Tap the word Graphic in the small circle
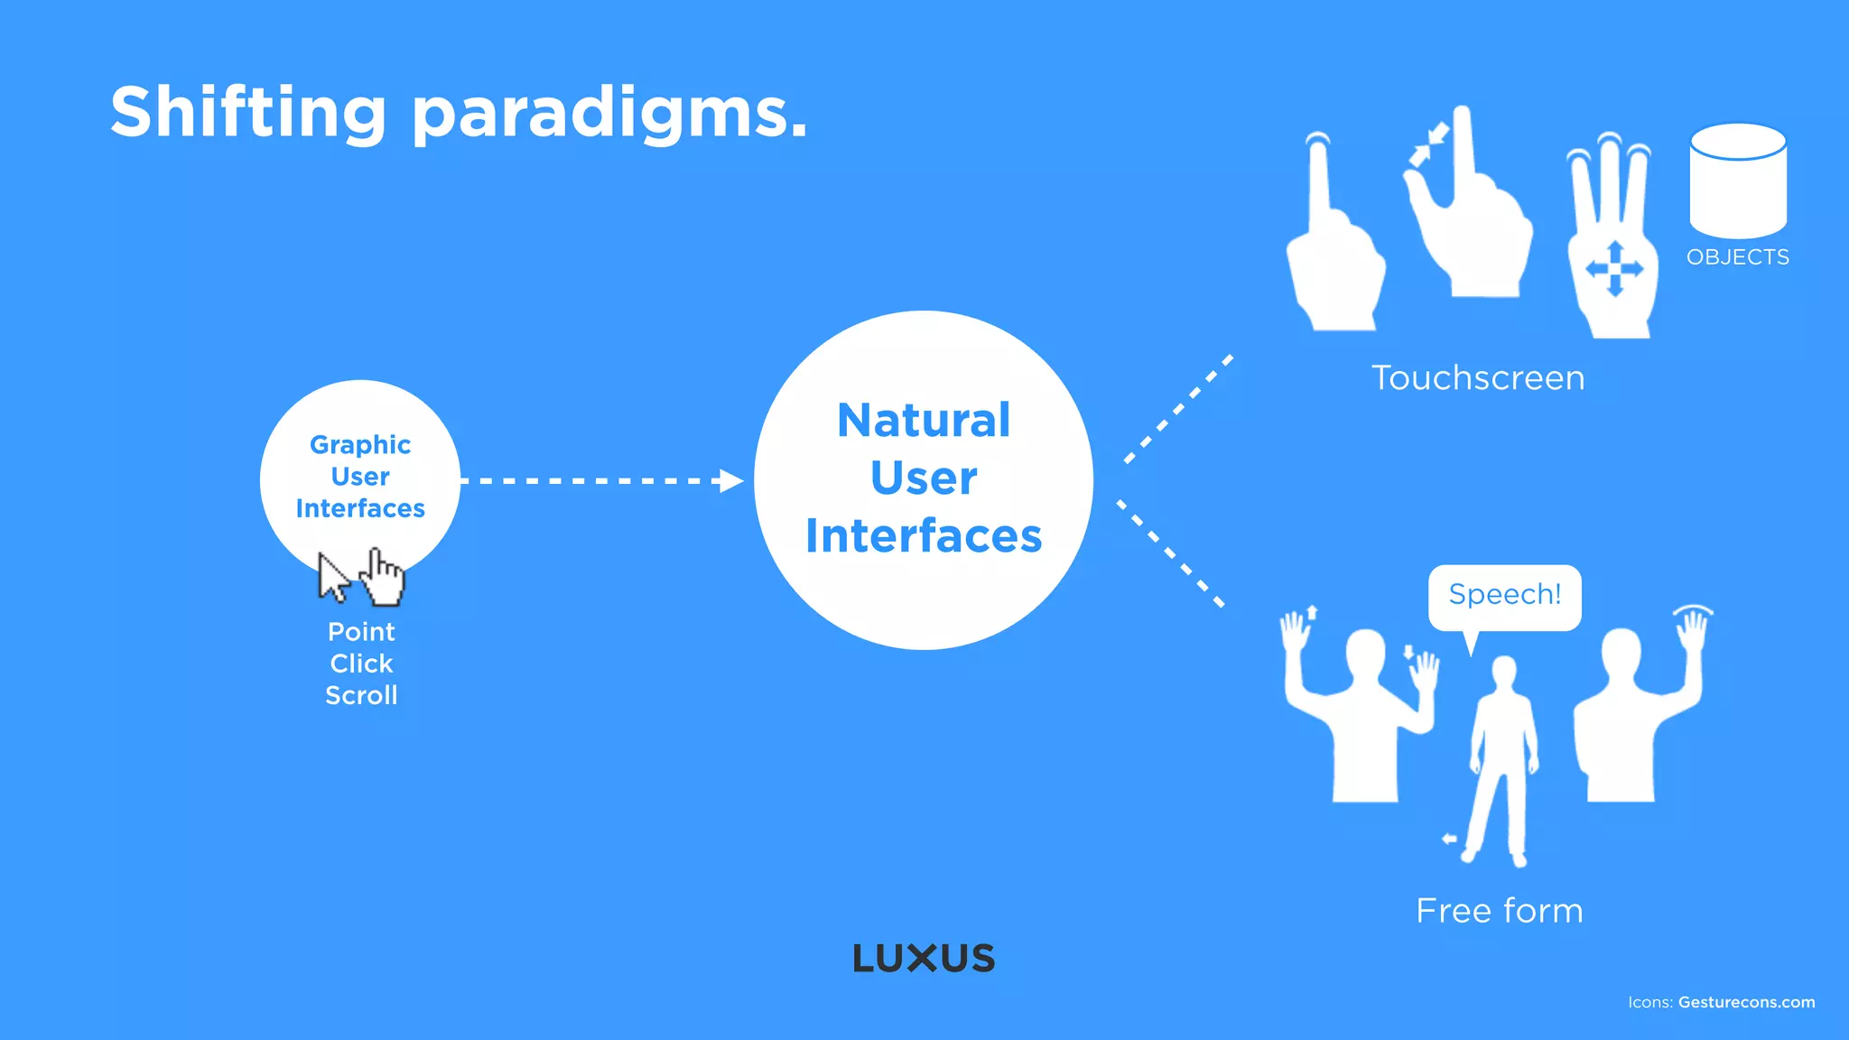pyautogui.click(x=360, y=444)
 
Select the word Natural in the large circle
pyautogui.click(x=924, y=421)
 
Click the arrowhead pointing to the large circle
pyautogui.click(x=731, y=480)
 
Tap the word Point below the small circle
pyautogui.click(x=361, y=632)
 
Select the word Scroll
pyautogui.click(x=361, y=695)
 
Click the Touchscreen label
pyautogui.click(x=1478, y=377)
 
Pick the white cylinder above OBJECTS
pyautogui.click(x=1738, y=181)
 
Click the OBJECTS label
pyautogui.click(x=1738, y=257)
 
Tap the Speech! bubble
pyautogui.click(x=1504, y=595)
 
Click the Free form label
pyautogui.click(x=1499, y=910)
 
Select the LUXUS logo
pyautogui.click(x=924, y=958)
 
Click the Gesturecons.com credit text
pyautogui.click(x=1746, y=1002)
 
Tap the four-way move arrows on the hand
pyautogui.click(x=1615, y=268)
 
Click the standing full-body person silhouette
pyautogui.click(x=1501, y=758)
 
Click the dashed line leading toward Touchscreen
pyautogui.click(x=1178, y=409)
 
